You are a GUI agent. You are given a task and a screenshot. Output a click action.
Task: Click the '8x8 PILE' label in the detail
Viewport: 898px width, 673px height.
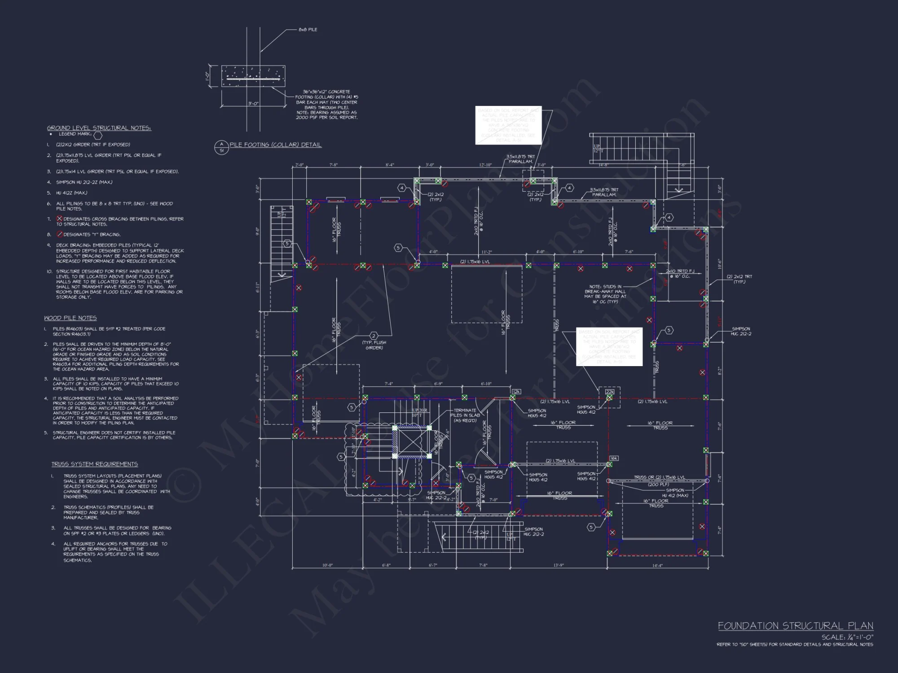coord(308,30)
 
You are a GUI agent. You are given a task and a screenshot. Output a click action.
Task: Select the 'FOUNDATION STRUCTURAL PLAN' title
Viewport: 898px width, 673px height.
coord(795,626)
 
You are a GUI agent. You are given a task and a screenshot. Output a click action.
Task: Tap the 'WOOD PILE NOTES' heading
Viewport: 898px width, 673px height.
coord(70,318)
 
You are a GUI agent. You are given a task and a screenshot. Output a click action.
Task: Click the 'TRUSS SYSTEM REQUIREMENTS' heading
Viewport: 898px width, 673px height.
coord(94,464)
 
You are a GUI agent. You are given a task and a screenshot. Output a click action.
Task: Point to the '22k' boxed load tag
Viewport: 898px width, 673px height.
coord(609,392)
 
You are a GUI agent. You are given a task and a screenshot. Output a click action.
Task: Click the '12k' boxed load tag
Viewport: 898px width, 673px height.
coord(516,392)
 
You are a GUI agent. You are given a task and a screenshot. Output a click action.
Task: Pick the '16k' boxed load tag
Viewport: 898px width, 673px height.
coord(614,458)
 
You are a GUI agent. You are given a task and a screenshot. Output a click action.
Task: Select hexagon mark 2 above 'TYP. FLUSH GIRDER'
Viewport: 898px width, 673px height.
coord(374,336)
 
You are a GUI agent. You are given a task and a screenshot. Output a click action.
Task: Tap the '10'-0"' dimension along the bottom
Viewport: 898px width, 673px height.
coord(327,565)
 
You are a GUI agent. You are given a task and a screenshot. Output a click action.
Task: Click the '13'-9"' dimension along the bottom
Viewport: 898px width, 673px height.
coord(559,565)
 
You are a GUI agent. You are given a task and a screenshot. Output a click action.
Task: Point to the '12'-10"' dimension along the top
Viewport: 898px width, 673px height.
coord(485,165)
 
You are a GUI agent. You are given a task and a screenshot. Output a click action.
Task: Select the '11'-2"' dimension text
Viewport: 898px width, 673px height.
coord(487,252)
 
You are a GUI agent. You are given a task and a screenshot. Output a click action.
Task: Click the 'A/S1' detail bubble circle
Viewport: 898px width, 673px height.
coord(221,147)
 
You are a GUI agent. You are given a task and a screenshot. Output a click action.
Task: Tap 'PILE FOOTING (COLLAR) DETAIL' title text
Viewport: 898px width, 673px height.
coord(275,145)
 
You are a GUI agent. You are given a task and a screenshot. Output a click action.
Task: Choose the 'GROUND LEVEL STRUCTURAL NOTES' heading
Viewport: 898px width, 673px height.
coord(99,128)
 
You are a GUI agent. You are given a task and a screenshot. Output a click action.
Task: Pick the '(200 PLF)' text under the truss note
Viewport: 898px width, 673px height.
coord(658,485)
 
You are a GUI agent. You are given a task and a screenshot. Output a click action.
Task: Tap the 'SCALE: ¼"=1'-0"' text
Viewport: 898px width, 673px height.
coord(847,637)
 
